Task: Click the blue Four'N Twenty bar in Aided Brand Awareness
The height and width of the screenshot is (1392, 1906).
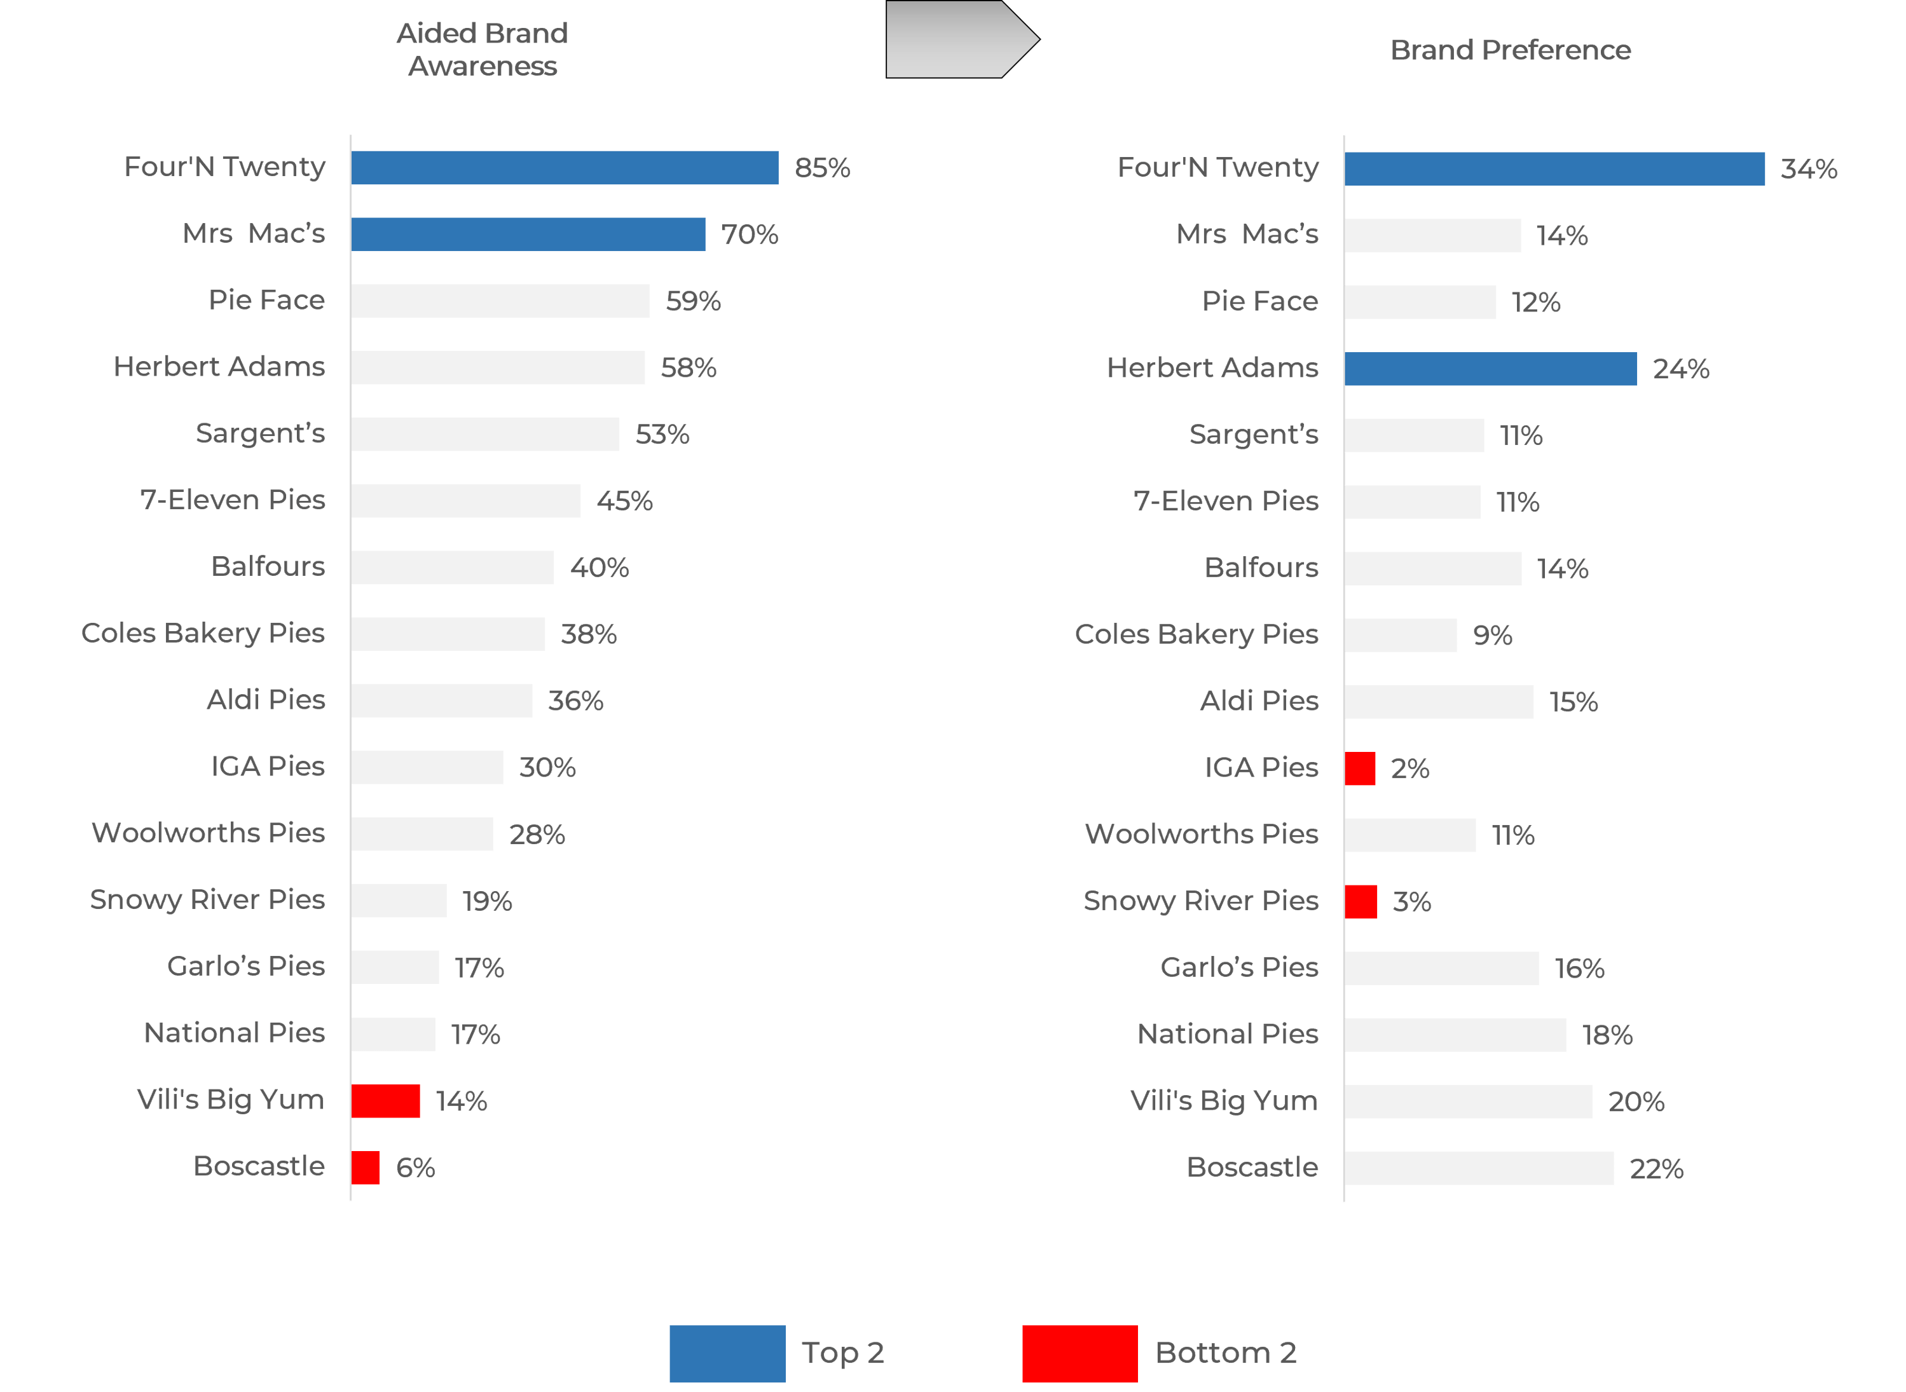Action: coord(565,168)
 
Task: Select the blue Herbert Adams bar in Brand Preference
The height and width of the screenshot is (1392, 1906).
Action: coord(1491,369)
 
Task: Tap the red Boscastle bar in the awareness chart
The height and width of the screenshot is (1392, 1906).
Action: coord(366,1168)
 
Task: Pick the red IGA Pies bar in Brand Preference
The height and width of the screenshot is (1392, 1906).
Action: coord(1360,768)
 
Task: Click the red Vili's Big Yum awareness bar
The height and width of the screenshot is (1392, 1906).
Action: coord(386,1102)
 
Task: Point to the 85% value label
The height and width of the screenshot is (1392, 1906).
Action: coord(823,168)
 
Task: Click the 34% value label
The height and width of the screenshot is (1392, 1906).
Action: coord(1809,169)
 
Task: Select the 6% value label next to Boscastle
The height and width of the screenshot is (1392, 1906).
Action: coord(415,1168)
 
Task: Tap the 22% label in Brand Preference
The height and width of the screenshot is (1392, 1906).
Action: coord(1657,1170)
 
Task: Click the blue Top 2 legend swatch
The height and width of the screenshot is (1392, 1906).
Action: coord(728,1354)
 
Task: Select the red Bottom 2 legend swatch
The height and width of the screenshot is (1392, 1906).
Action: coord(1080,1354)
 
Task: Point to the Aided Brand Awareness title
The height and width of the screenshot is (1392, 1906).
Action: coord(483,50)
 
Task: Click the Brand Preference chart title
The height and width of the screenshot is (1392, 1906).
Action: coord(1510,51)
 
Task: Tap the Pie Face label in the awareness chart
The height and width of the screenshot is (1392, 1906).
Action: coord(266,300)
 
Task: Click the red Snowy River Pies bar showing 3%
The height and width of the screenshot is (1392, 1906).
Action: coord(1361,901)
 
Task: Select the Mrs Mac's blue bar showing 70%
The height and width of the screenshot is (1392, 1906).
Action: coord(528,235)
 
